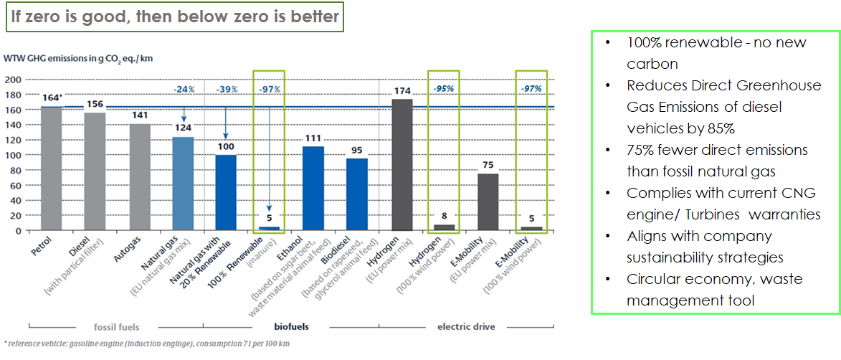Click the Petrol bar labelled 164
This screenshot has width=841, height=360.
point(52,169)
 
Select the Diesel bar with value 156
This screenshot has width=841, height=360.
point(95,171)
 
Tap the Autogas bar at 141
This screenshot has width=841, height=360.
point(140,177)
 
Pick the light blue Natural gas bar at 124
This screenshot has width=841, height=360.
point(184,184)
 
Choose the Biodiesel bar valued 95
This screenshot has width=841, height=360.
point(357,194)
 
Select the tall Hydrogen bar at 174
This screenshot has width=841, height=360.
point(402,164)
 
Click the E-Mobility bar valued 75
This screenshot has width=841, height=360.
point(488,202)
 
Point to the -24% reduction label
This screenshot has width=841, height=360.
point(184,89)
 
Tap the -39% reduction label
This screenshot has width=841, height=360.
point(227,89)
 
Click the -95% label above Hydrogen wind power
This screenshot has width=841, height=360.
point(445,89)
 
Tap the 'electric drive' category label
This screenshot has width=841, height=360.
point(466,327)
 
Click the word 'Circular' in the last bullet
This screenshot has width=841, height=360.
point(652,279)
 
